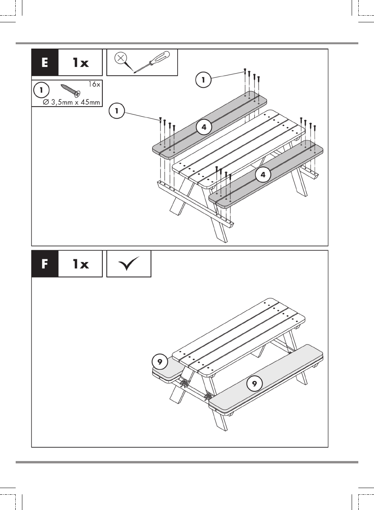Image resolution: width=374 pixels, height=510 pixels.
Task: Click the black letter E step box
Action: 45,62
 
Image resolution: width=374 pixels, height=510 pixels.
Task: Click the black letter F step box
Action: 45,264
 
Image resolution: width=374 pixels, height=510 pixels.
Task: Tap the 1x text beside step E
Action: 81,62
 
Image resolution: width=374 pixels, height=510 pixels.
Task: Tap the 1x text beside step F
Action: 81,264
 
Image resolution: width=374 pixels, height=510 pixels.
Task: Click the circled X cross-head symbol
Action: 121,58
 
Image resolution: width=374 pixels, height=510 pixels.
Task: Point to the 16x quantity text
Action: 94,85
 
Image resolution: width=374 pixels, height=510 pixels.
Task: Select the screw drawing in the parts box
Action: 71,90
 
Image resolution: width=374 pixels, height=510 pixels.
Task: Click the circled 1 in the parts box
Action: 41,90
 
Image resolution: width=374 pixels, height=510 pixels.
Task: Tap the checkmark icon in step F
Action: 129,264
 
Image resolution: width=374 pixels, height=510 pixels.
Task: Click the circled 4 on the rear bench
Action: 204,127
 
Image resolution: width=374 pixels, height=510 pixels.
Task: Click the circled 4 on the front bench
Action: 263,175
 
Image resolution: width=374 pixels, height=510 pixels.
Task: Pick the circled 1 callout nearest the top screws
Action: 203,80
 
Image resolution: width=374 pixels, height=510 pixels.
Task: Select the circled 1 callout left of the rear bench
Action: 117,110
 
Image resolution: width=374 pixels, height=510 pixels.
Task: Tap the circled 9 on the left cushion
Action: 160,362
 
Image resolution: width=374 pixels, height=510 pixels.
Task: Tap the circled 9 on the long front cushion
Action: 254,383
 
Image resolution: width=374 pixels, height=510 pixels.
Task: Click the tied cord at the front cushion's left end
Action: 208,397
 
